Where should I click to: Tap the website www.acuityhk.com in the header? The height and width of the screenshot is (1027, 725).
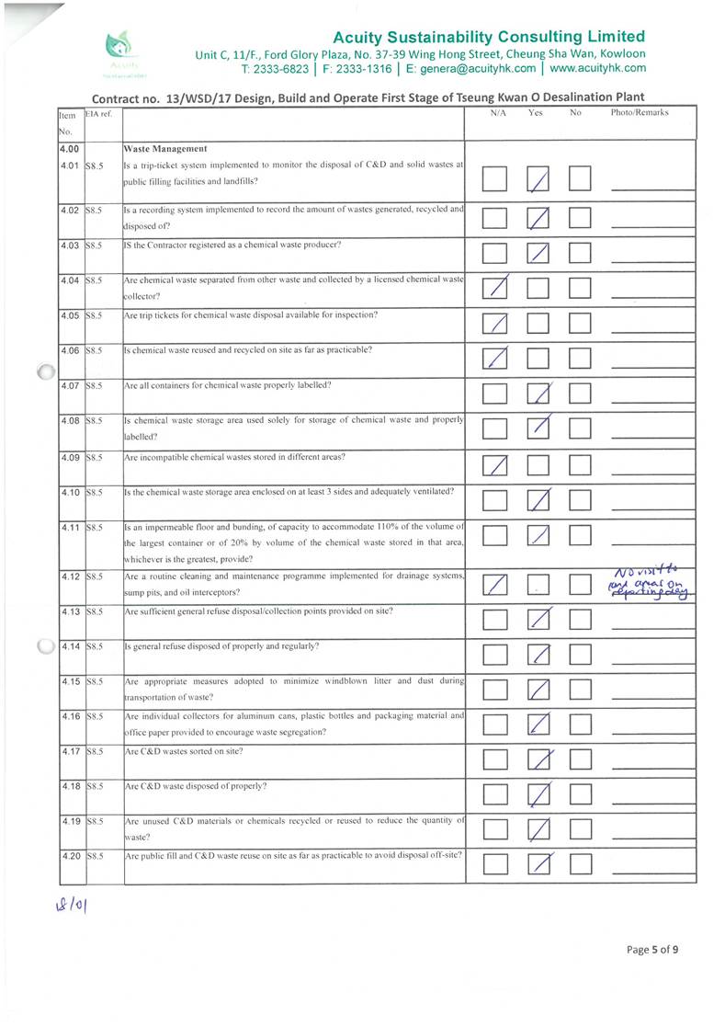pos(597,68)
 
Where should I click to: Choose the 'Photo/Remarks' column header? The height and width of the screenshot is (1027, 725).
pos(640,113)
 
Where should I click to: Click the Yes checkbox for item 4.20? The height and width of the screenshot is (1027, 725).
pos(540,863)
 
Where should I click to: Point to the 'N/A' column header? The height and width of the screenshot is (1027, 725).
pos(499,113)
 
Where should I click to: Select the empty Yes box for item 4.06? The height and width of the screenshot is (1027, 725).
pos(540,359)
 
